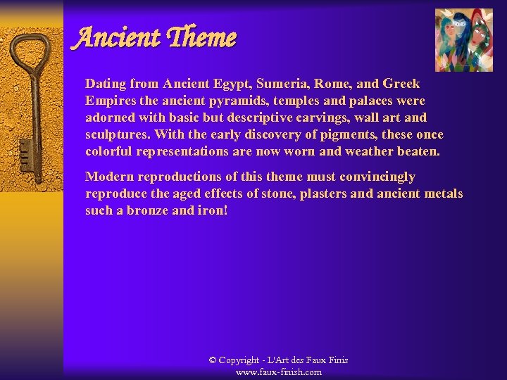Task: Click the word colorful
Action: pos(108,151)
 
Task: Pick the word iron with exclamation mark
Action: pos(212,210)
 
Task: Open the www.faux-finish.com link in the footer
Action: pos(279,372)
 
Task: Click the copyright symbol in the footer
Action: pos(213,360)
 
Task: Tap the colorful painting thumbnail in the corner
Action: pos(464,40)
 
